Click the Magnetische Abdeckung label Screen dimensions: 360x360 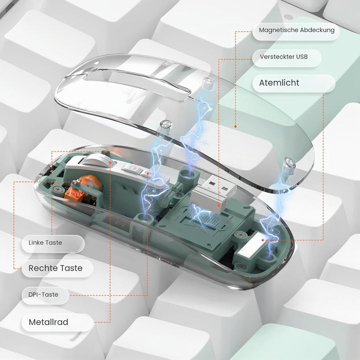coord(296,30)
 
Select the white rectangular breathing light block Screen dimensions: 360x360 coord(252,244)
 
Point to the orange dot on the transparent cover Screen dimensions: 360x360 coord(235,126)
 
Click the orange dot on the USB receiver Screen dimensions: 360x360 coord(219,205)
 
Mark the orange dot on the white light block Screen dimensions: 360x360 coord(263,240)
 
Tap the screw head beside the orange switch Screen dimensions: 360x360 coord(57,189)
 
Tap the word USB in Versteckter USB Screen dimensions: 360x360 coord(301,57)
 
